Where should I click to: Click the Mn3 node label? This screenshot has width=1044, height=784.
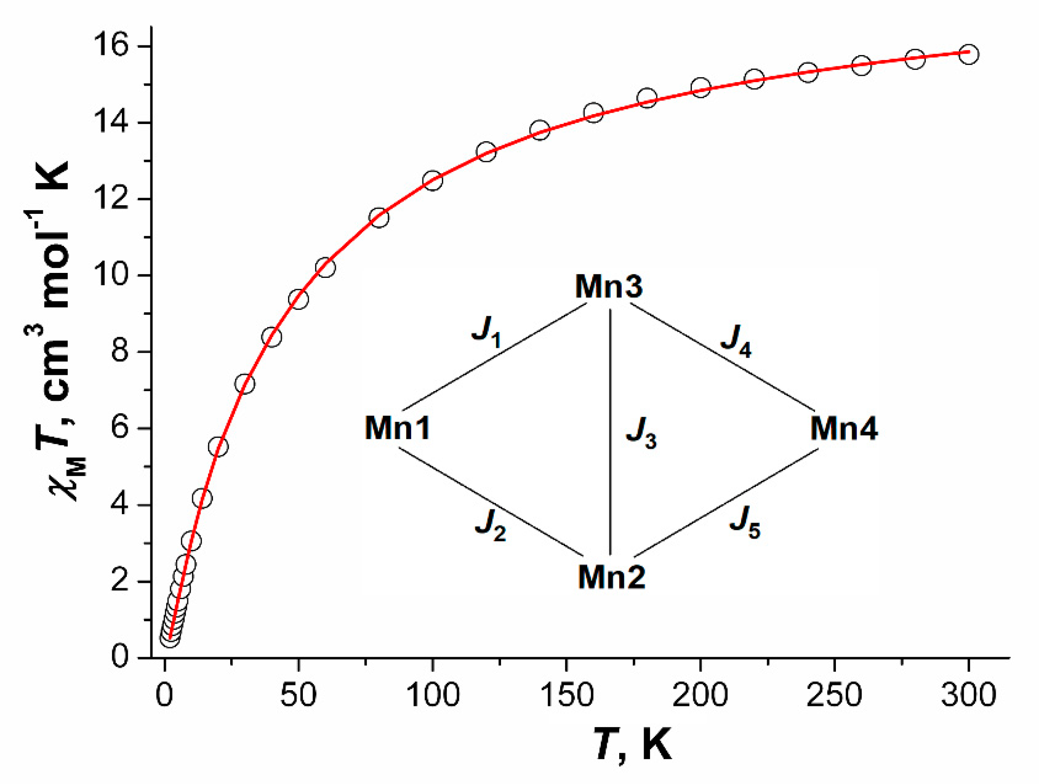(x=608, y=286)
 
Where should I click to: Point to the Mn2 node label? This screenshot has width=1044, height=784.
(x=611, y=576)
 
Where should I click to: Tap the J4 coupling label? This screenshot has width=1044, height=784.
(x=735, y=341)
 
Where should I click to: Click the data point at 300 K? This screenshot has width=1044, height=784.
(x=969, y=54)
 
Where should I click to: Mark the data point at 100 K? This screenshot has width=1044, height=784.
(x=433, y=180)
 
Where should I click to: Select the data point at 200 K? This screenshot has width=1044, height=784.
(x=701, y=88)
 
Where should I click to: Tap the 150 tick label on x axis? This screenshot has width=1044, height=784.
(x=566, y=694)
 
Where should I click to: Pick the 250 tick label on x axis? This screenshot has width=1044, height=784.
(x=835, y=694)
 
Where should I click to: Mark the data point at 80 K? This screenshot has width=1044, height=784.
(x=379, y=217)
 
